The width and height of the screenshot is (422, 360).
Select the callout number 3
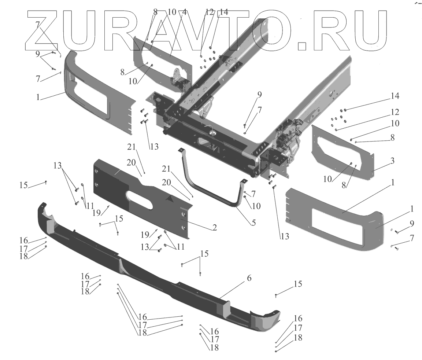tap(382, 161)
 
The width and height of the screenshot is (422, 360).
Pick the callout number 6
tap(249, 278)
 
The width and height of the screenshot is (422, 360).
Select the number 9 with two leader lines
tap(37, 54)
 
